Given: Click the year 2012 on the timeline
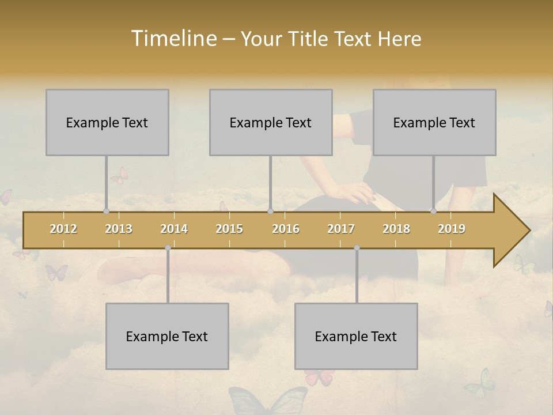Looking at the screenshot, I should (63, 229).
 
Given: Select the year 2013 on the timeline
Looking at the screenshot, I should (119, 229).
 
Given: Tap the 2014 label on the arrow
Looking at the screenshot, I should (174, 229).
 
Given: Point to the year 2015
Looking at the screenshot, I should (229, 229).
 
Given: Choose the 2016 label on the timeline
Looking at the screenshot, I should (286, 229).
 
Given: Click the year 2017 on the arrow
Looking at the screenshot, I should (341, 229).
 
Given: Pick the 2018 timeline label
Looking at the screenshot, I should (396, 229).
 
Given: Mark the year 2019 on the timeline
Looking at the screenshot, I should (452, 229).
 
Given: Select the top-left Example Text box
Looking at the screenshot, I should (107, 122).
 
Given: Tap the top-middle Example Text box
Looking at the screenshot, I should (271, 122).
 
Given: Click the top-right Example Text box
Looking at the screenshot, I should (434, 122).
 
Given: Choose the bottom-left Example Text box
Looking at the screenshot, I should (167, 336).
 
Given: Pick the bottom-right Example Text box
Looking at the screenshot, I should (356, 336).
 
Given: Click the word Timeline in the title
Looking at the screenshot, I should (173, 39).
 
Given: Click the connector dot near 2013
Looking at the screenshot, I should (106, 212).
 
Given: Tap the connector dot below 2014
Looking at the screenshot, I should (168, 248).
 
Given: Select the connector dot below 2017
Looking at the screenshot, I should (357, 248).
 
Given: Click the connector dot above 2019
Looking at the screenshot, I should (433, 212).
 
